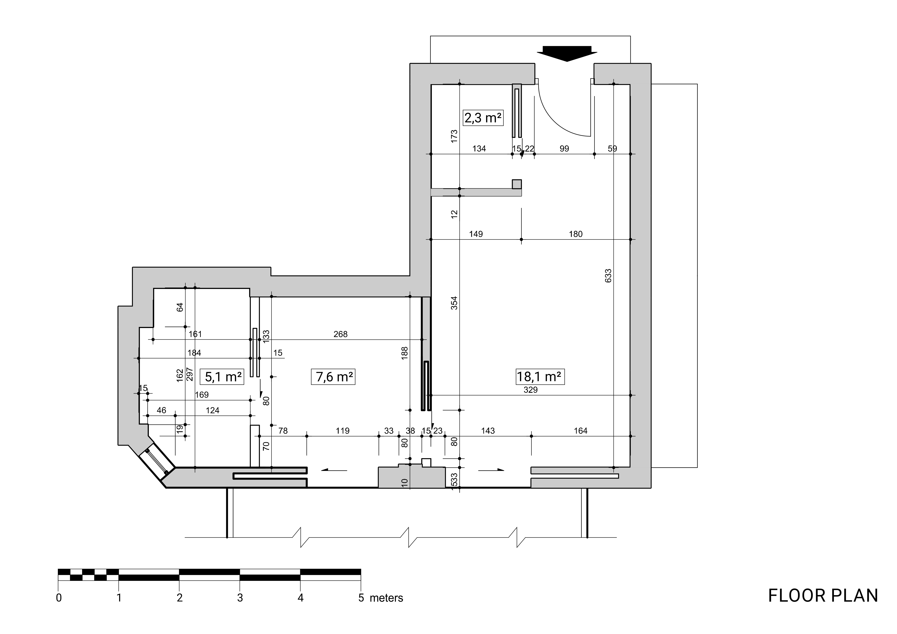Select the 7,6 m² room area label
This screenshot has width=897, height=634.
tap(333, 377)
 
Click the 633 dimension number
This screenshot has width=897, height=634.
tap(608, 276)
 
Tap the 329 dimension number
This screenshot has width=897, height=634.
tap(531, 389)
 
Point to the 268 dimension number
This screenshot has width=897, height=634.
tap(340, 334)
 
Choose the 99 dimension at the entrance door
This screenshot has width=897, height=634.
tap(564, 148)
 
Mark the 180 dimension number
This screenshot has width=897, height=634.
tap(575, 234)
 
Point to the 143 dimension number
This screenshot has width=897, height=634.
tap(488, 430)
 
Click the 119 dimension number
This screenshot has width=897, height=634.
tap(343, 430)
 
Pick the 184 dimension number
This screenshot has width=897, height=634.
tap(194, 353)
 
